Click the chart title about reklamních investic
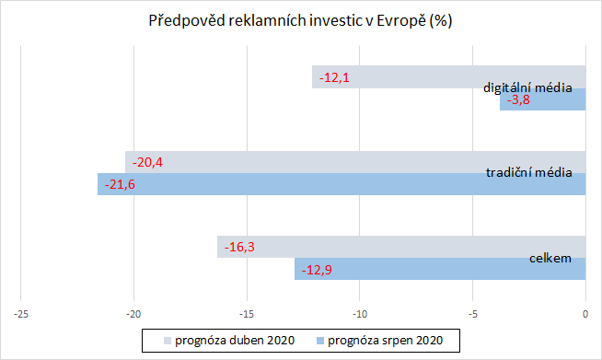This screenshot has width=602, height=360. pos(300,20)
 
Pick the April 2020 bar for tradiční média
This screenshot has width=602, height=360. pos(304,162)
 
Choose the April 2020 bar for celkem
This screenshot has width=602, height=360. pos(368,247)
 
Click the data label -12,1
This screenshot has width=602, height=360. pos(334,77)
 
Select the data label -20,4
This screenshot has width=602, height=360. pos(147,162)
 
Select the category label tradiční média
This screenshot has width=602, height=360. pos(529,172)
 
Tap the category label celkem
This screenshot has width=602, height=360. pos(550,258)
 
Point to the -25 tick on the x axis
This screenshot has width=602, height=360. pos(21,314)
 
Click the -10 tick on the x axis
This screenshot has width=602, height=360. pos(360,314)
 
